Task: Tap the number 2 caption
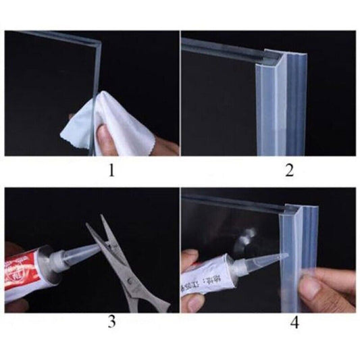[x=289, y=171]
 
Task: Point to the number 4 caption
[x=294, y=323]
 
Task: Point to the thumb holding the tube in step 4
[x=192, y=260]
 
